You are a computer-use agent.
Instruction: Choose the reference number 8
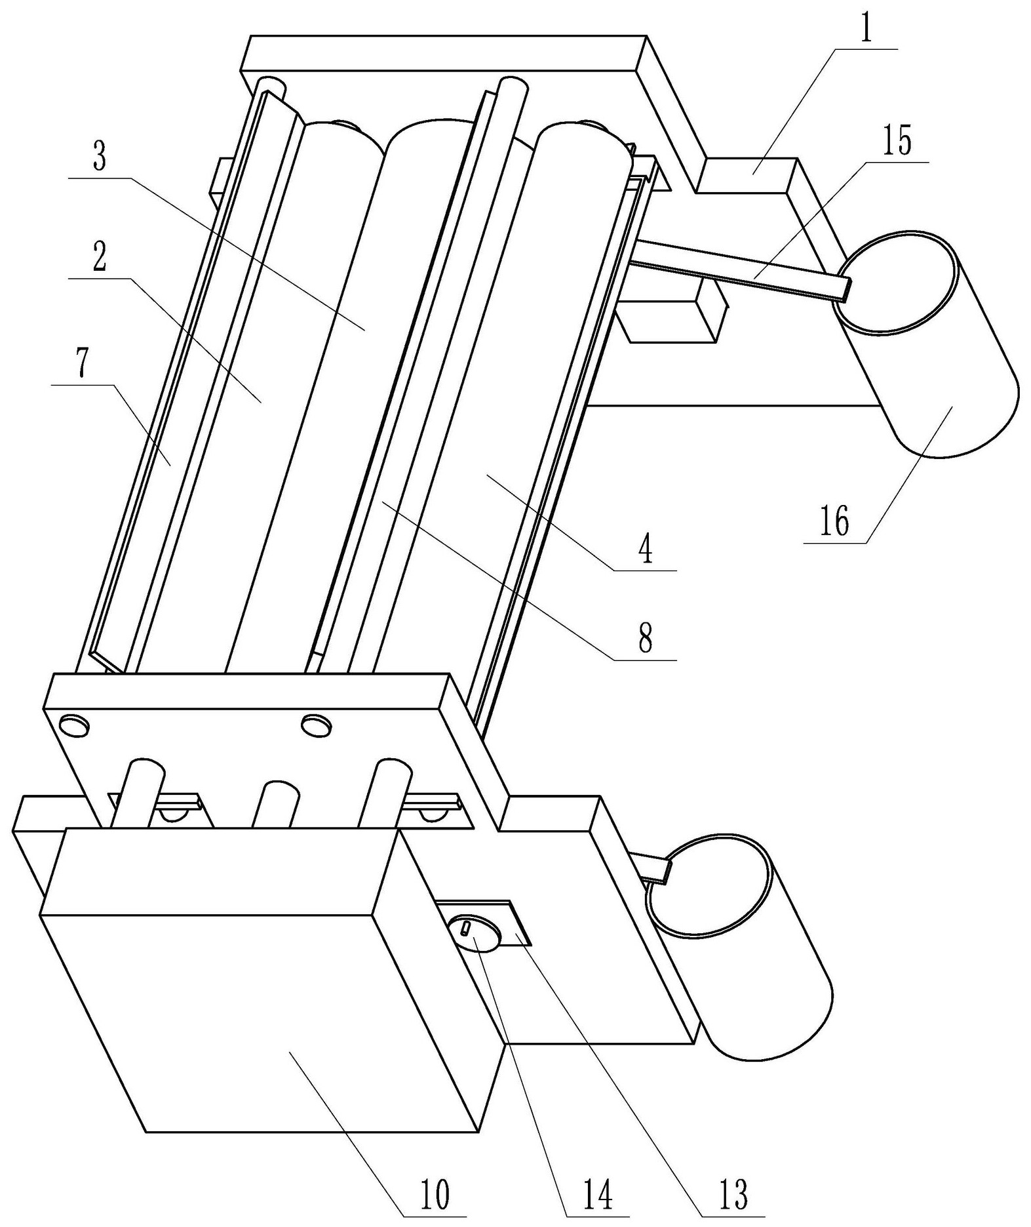[x=646, y=638]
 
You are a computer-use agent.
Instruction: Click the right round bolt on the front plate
[x=315, y=726]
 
